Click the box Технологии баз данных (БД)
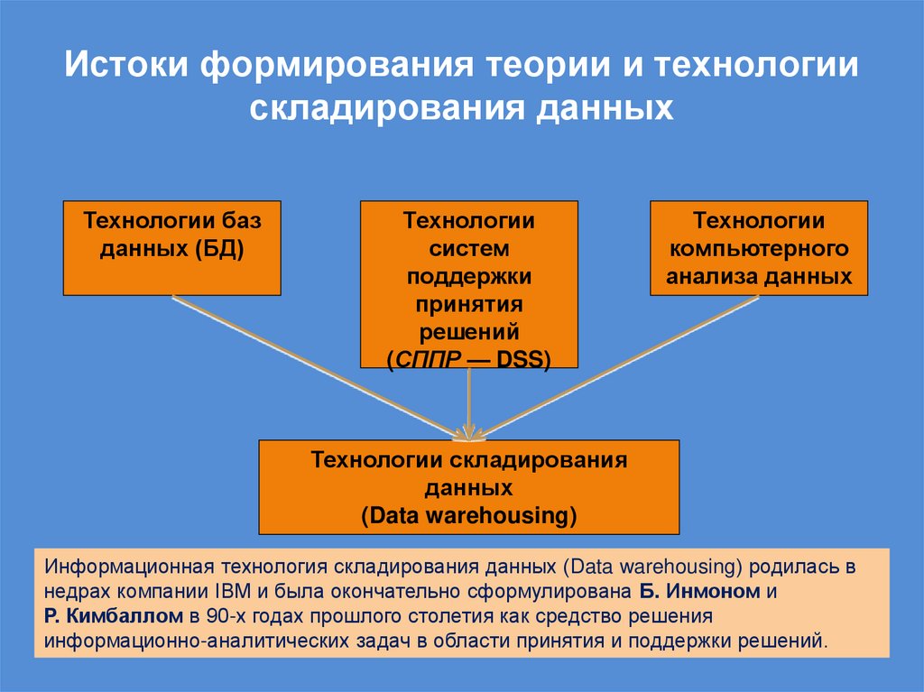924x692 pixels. [171, 248]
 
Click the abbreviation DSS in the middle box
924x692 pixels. [524, 358]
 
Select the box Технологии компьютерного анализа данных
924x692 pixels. [759, 248]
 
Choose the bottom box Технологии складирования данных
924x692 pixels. [468, 487]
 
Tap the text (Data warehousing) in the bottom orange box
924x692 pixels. [468, 516]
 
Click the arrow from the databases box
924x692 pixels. [316, 365]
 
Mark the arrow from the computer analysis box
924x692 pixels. [623, 365]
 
